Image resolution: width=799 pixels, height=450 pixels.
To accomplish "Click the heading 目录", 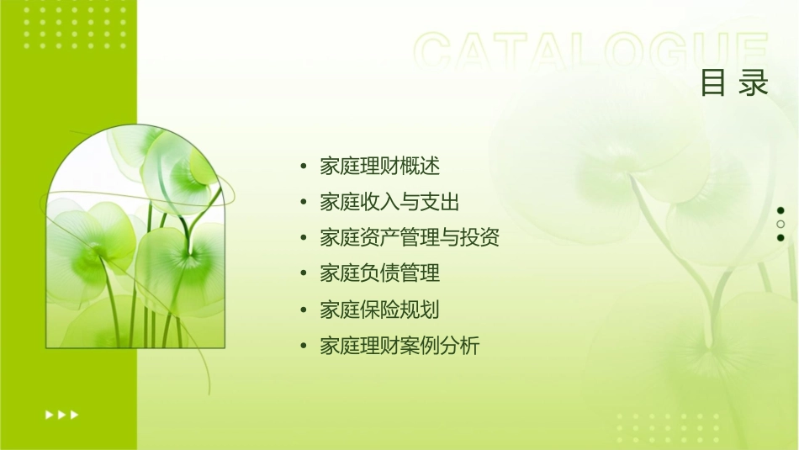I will pos(734,83).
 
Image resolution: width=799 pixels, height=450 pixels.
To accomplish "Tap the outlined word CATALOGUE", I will pos(591,52).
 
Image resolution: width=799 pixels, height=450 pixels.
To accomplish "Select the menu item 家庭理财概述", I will pos(379,166).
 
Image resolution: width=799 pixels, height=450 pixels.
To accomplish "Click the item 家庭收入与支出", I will pos(389,202).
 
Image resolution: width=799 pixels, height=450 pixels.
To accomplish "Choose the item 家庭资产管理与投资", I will pos(410,238).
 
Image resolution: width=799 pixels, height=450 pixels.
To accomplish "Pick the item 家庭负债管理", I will pos(379,273).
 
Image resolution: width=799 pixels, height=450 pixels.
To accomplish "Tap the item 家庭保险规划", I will pos(379,310).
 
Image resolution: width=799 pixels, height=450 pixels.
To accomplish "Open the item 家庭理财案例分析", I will pos(399,346).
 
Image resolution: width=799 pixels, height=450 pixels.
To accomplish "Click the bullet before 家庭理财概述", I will pos(304,167).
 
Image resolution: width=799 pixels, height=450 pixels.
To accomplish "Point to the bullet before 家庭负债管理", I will pos(304,274).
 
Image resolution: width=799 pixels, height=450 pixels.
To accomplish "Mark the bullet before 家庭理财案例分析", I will pos(304,347).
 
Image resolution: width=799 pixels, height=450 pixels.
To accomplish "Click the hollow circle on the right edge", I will pos(780,224).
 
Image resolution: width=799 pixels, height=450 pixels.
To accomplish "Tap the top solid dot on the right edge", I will pos(780,210).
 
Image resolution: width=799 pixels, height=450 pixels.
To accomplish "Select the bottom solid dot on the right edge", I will pos(780,237).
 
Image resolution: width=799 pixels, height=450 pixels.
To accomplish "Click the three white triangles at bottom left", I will pos(61,414).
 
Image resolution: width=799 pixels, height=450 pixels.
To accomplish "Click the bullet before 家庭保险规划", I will pos(304,310).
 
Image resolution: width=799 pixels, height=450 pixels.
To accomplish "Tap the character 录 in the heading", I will pos(754,83).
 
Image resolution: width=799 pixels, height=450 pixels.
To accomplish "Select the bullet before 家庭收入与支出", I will pos(304,203).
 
